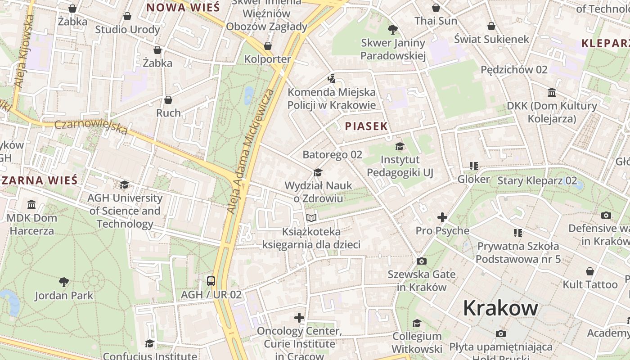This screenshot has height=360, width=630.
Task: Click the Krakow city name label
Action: (x=500, y=308)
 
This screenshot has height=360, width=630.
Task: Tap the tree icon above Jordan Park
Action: (x=64, y=282)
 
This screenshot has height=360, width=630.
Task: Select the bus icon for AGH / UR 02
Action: (x=211, y=281)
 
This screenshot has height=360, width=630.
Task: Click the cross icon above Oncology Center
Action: (x=299, y=318)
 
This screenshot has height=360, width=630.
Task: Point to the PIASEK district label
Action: (x=366, y=126)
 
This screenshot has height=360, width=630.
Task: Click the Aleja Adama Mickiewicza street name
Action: (x=251, y=151)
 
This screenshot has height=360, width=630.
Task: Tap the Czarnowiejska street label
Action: (x=91, y=127)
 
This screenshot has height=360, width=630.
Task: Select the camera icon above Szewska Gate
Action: (x=422, y=261)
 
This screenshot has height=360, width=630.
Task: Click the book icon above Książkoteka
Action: (x=311, y=218)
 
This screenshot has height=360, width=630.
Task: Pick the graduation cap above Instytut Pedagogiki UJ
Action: (x=400, y=146)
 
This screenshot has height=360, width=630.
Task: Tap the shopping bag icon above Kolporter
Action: (x=268, y=46)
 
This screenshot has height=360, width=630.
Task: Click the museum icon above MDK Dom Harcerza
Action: (x=31, y=205)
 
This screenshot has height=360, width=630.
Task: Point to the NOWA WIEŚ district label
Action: (x=183, y=7)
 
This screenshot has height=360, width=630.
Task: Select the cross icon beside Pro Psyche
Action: (x=442, y=217)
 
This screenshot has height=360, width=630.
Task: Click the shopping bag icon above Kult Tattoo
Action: (x=590, y=271)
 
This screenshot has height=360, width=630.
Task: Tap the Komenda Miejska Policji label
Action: (x=332, y=99)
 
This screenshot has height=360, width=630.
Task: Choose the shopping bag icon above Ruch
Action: (x=168, y=99)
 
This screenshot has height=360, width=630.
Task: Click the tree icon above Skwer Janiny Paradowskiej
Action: (x=393, y=30)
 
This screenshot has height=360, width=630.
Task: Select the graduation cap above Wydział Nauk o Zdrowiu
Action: (x=318, y=172)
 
